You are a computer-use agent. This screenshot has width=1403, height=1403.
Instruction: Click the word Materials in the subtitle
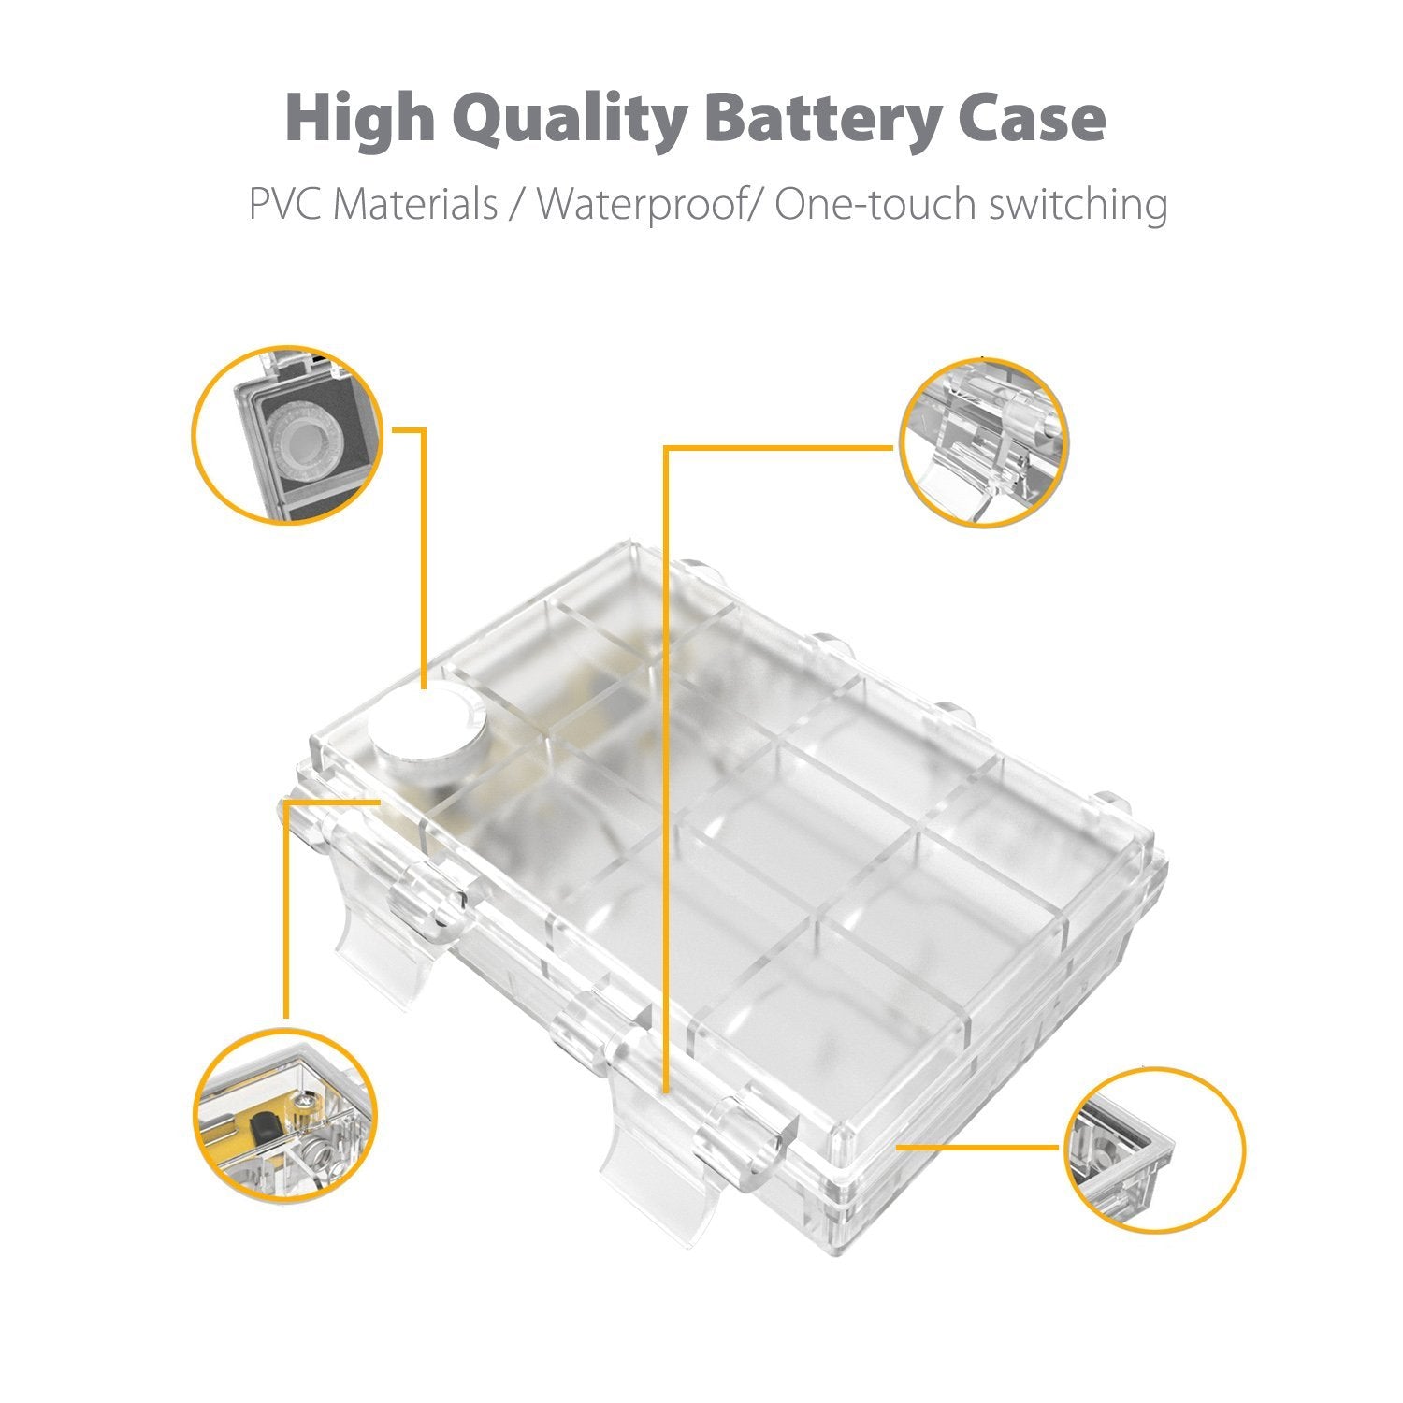(x=416, y=205)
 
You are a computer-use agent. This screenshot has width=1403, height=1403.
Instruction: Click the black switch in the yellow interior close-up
(x=268, y=1123)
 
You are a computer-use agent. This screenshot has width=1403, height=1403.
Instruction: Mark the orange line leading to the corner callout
(x=978, y=1146)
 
